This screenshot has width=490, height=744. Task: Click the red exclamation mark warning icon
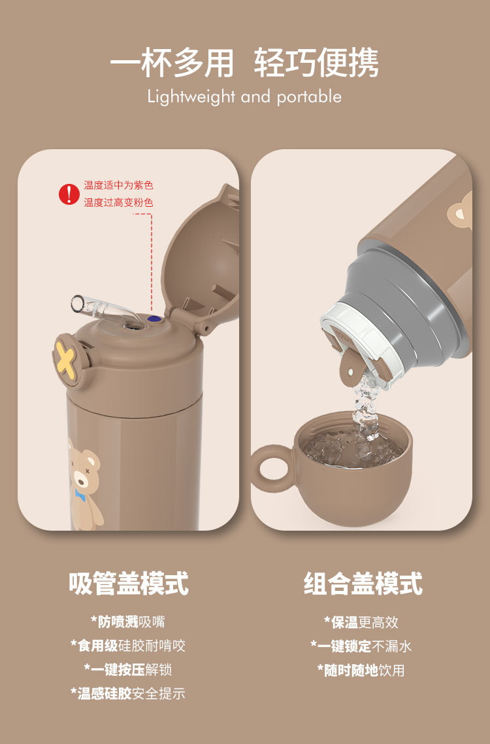click(69, 194)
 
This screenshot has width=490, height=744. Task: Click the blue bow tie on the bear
click(81, 494)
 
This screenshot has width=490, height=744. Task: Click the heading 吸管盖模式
click(128, 583)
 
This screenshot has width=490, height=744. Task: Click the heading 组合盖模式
click(363, 583)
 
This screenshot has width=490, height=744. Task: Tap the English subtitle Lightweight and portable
click(244, 97)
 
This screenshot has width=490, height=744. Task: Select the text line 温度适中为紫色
click(118, 186)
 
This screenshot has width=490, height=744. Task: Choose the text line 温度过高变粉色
click(118, 203)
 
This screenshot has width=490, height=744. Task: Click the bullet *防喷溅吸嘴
click(128, 622)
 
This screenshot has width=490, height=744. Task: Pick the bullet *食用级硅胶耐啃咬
click(128, 646)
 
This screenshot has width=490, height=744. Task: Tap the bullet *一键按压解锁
click(128, 669)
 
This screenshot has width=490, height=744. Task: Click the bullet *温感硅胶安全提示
click(128, 694)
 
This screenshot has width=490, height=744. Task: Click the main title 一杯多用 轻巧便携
click(244, 63)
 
